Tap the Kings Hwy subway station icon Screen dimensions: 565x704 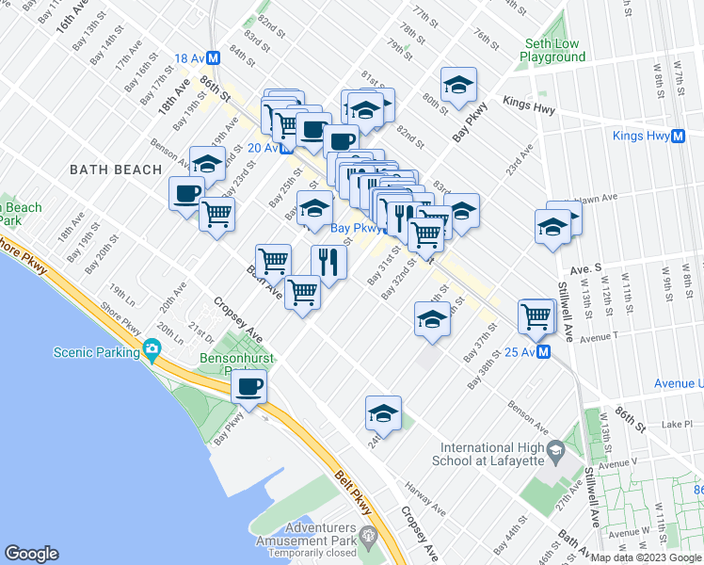pos(678,136)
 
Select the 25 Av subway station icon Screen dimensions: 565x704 pos(544,352)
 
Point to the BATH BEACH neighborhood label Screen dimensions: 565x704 pos(109,169)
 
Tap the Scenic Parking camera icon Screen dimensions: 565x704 pos(152,351)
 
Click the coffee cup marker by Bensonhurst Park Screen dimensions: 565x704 pos(249,386)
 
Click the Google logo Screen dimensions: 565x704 pos(32,553)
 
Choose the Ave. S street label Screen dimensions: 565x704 pos(605,266)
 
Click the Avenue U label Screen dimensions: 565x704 pos(679,383)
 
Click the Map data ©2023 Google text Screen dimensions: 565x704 pos(646,557)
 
